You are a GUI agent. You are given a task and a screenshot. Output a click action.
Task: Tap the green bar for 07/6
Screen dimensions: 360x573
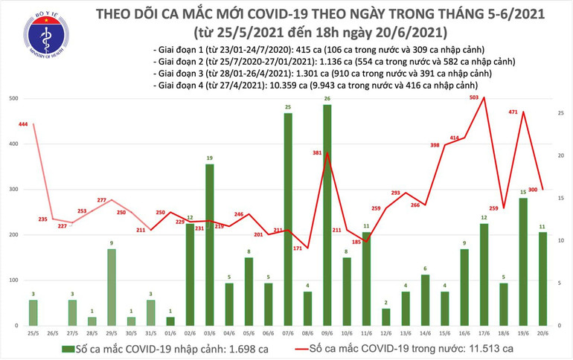(x=287, y=219)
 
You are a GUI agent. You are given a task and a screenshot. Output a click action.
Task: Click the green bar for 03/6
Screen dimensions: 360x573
(x=210, y=245)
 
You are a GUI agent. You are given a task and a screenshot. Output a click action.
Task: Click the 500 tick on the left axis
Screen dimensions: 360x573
(x=13, y=98)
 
